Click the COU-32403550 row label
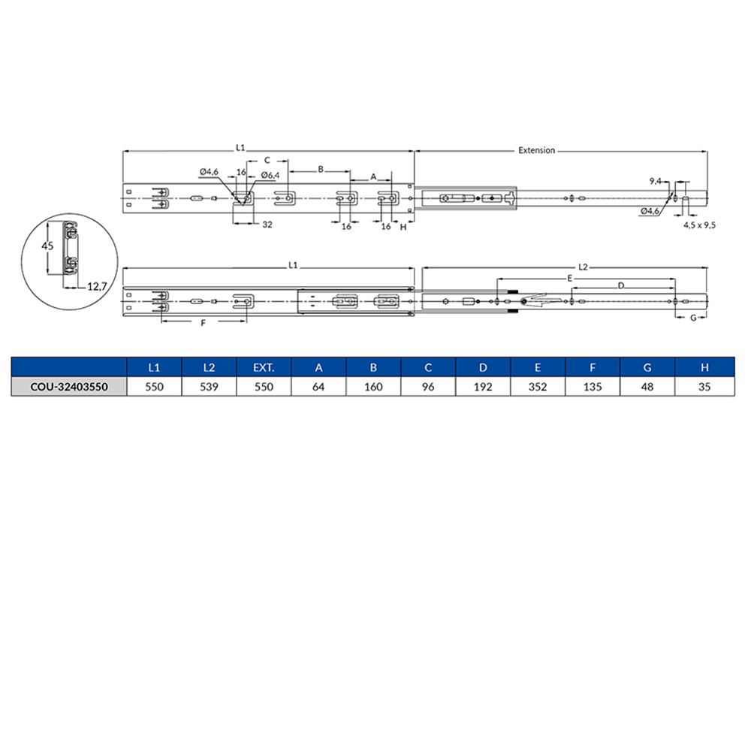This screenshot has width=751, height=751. [x=67, y=388]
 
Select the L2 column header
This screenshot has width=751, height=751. [x=210, y=367]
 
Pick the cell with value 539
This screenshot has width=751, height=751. [x=210, y=388]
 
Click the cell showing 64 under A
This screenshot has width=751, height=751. [x=319, y=388]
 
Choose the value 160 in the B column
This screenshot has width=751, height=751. [x=374, y=388]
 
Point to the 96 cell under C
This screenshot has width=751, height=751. [x=428, y=388]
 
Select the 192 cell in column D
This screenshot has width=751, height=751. [x=483, y=388]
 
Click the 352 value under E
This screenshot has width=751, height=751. [x=538, y=388]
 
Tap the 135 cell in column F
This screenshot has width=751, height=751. [x=593, y=388]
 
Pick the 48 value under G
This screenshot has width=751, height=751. [x=647, y=388]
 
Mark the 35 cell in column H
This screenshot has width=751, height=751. [x=704, y=388]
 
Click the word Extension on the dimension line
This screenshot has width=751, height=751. [x=537, y=150]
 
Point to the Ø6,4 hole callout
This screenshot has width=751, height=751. [x=270, y=175]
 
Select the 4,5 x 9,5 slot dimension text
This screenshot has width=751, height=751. [x=699, y=225]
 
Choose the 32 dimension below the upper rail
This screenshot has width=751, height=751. [x=267, y=225]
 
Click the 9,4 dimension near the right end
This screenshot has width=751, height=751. [x=655, y=181]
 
